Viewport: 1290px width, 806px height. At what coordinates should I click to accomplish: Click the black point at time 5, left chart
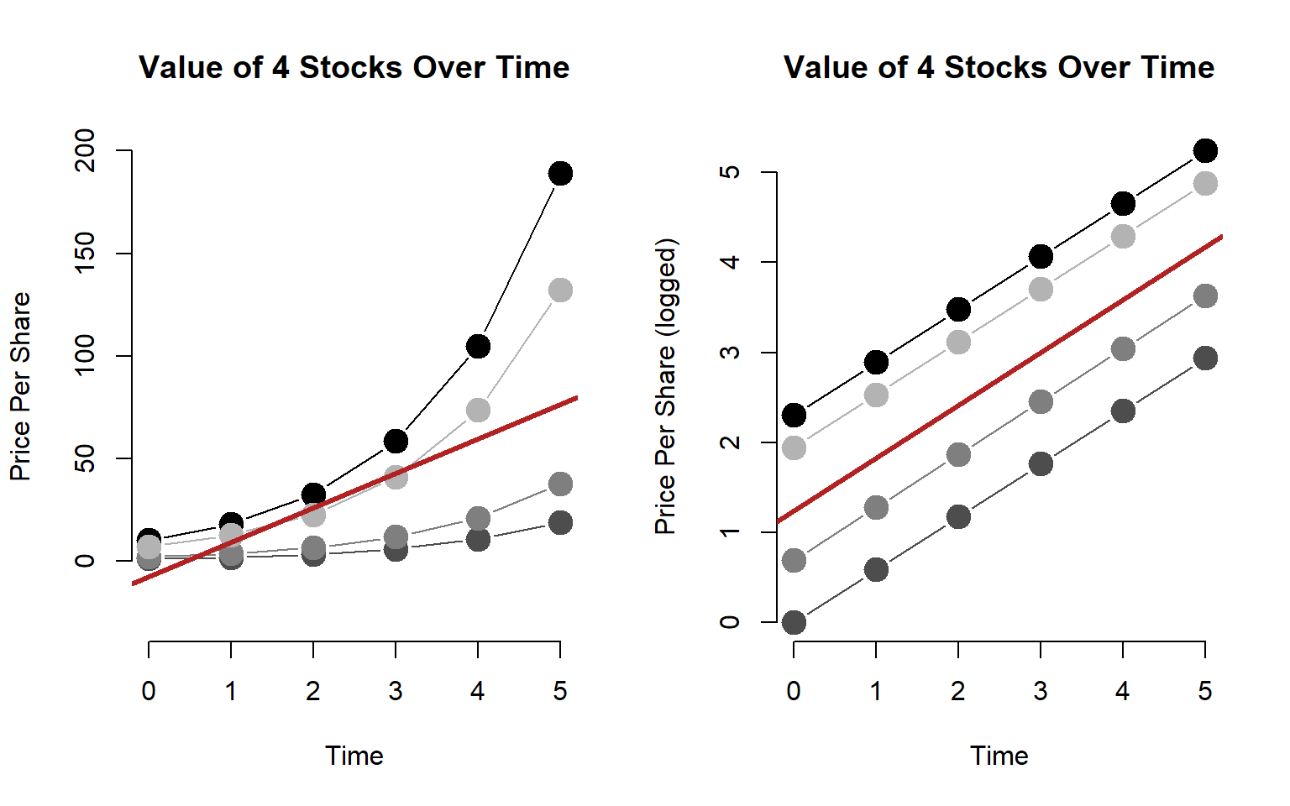(x=560, y=174)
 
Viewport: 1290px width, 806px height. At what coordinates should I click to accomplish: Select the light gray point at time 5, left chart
(x=560, y=290)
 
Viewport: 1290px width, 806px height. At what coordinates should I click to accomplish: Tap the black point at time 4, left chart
(x=478, y=346)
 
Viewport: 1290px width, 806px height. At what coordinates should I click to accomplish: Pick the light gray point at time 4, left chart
(x=478, y=411)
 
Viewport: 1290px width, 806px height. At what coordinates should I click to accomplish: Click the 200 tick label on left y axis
(x=86, y=151)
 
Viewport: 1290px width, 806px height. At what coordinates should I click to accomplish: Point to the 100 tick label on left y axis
(x=86, y=356)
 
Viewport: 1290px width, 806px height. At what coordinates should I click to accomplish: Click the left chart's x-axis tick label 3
(x=396, y=691)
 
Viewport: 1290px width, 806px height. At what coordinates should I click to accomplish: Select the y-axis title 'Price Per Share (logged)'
(x=665, y=386)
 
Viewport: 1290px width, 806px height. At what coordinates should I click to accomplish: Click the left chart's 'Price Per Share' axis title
(x=20, y=386)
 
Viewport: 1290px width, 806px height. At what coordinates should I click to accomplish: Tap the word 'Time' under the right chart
(x=999, y=756)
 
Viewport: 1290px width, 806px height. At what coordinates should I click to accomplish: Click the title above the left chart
(x=354, y=67)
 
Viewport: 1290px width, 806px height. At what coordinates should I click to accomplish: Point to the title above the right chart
(x=999, y=67)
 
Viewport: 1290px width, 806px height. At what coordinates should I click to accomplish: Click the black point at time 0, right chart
(x=794, y=415)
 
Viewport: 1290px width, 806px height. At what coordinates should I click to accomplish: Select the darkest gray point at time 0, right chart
(x=794, y=622)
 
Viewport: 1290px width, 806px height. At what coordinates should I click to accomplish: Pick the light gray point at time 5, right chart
(x=1205, y=184)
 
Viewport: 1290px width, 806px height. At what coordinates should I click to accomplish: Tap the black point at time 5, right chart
(x=1205, y=151)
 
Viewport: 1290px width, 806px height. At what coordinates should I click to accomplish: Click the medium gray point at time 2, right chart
(x=958, y=455)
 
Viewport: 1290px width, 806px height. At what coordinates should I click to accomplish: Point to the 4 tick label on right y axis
(x=731, y=262)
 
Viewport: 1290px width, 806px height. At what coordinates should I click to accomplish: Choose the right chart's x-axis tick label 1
(x=876, y=691)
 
